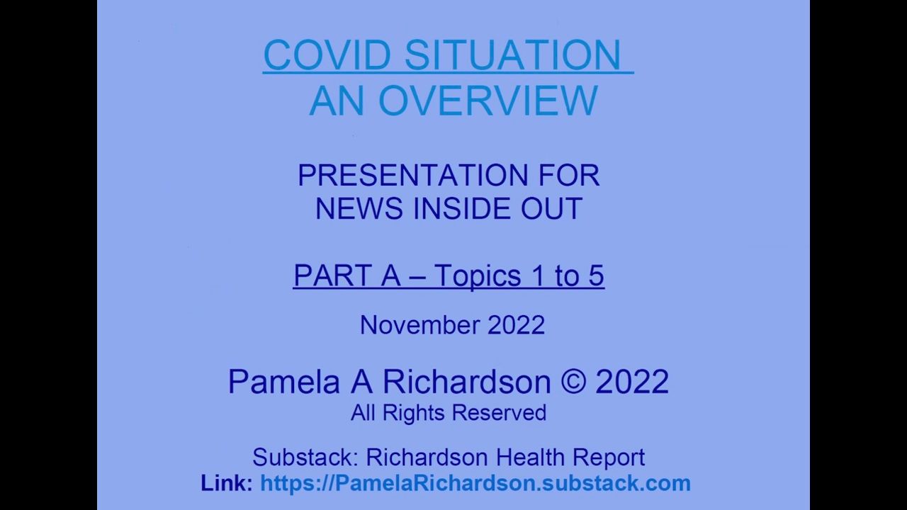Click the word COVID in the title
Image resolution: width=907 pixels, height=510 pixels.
(327, 55)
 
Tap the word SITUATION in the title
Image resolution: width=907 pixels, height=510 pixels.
(512, 55)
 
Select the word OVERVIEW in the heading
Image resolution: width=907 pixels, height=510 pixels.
(488, 101)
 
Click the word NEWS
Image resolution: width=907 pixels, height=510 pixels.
(359, 208)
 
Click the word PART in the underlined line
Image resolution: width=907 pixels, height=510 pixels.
(332, 276)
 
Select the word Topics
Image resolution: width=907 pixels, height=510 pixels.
(478, 276)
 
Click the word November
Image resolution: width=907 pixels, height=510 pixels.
(419, 325)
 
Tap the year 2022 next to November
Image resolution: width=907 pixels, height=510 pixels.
(517, 325)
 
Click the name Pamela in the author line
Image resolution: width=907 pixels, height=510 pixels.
(284, 381)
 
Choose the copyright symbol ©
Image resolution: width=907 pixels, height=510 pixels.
(573, 381)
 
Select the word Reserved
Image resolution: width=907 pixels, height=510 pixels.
(499, 413)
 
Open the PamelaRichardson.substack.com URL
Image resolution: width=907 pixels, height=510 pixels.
(475, 483)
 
